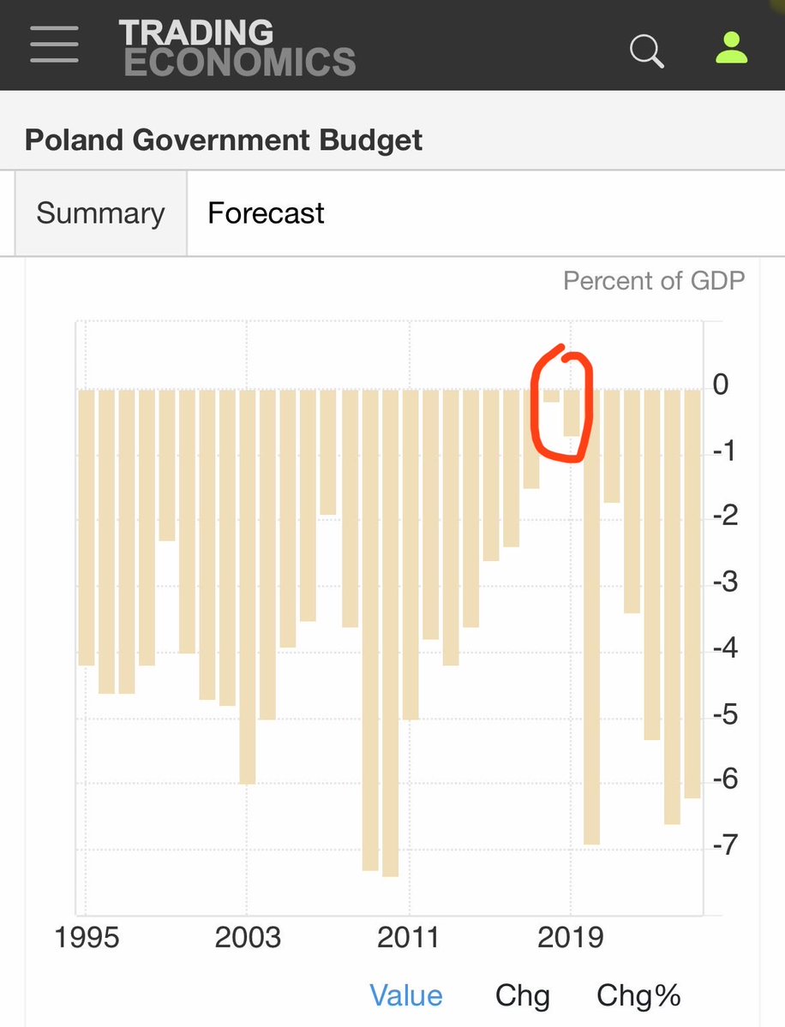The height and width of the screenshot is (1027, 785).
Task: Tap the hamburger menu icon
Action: (54, 44)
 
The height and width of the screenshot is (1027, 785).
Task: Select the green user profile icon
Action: (731, 49)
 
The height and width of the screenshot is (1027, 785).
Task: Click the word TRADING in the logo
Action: (196, 33)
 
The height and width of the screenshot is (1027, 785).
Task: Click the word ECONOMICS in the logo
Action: (239, 63)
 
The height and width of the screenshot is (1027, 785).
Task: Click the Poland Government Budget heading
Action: (224, 140)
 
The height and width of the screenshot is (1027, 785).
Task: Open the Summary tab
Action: (100, 213)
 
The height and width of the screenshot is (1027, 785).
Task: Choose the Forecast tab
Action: (266, 213)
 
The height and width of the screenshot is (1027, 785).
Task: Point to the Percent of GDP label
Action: (653, 281)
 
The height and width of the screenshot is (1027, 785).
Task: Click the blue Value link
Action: (405, 995)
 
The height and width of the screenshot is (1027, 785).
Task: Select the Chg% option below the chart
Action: (638, 995)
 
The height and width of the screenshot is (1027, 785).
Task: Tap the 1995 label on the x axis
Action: (86, 937)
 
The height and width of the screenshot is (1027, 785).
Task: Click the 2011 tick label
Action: (409, 937)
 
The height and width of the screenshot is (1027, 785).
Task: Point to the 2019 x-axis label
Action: (570, 937)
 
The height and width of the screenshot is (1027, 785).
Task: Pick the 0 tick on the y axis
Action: (722, 385)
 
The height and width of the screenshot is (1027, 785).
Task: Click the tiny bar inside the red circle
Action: (551, 396)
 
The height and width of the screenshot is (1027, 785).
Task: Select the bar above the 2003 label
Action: (247, 586)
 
